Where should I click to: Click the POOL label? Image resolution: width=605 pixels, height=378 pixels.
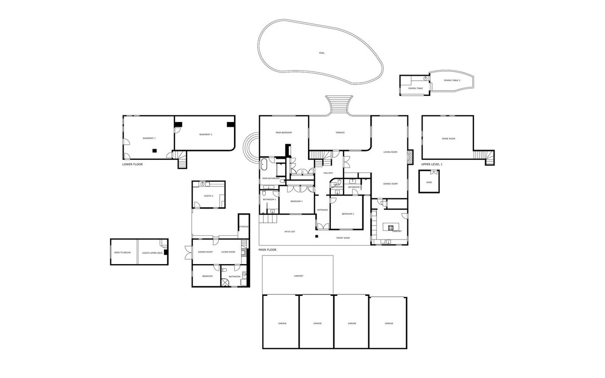(x=322, y=53)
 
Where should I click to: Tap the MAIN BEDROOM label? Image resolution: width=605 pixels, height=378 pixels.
(x=284, y=133)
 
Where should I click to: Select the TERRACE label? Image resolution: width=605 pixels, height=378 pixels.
(x=340, y=133)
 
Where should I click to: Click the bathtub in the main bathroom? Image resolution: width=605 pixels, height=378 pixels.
(x=265, y=163)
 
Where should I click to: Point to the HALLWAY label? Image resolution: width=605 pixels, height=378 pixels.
(x=329, y=173)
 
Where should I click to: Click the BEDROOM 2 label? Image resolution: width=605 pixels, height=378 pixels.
(x=348, y=214)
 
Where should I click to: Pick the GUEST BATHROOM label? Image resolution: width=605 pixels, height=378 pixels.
(x=337, y=186)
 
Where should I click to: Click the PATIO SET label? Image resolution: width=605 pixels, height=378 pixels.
(x=290, y=231)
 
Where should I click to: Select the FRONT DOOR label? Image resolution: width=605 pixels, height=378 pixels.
(x=343, y=237)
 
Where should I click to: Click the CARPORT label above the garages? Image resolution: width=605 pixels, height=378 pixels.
(x=298, y=276)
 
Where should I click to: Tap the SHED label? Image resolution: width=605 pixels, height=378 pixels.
(x=429, y=182)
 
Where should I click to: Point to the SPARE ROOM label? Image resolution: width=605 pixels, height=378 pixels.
(x=449, y=138)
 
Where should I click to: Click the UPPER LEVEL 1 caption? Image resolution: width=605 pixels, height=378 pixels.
(x=432, y=164)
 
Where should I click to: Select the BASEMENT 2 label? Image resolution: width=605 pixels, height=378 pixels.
(x=205, y=135)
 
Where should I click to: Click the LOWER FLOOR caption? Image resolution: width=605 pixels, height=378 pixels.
(x=133, y=164)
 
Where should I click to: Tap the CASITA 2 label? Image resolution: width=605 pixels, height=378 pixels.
(x=209, y=196)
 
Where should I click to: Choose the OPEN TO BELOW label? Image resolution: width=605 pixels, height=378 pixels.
(x=123, y=253)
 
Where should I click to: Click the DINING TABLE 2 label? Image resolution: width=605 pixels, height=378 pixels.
(x=452, y=80)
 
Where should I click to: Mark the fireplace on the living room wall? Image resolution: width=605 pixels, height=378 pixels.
(x=410, y=156)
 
